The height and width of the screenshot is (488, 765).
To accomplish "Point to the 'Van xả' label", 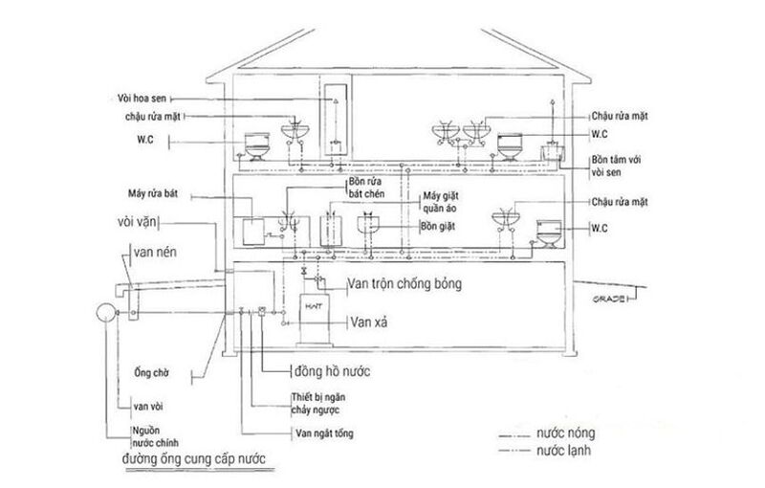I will click(368, 321).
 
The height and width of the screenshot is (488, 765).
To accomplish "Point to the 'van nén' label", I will click(155, 255).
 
